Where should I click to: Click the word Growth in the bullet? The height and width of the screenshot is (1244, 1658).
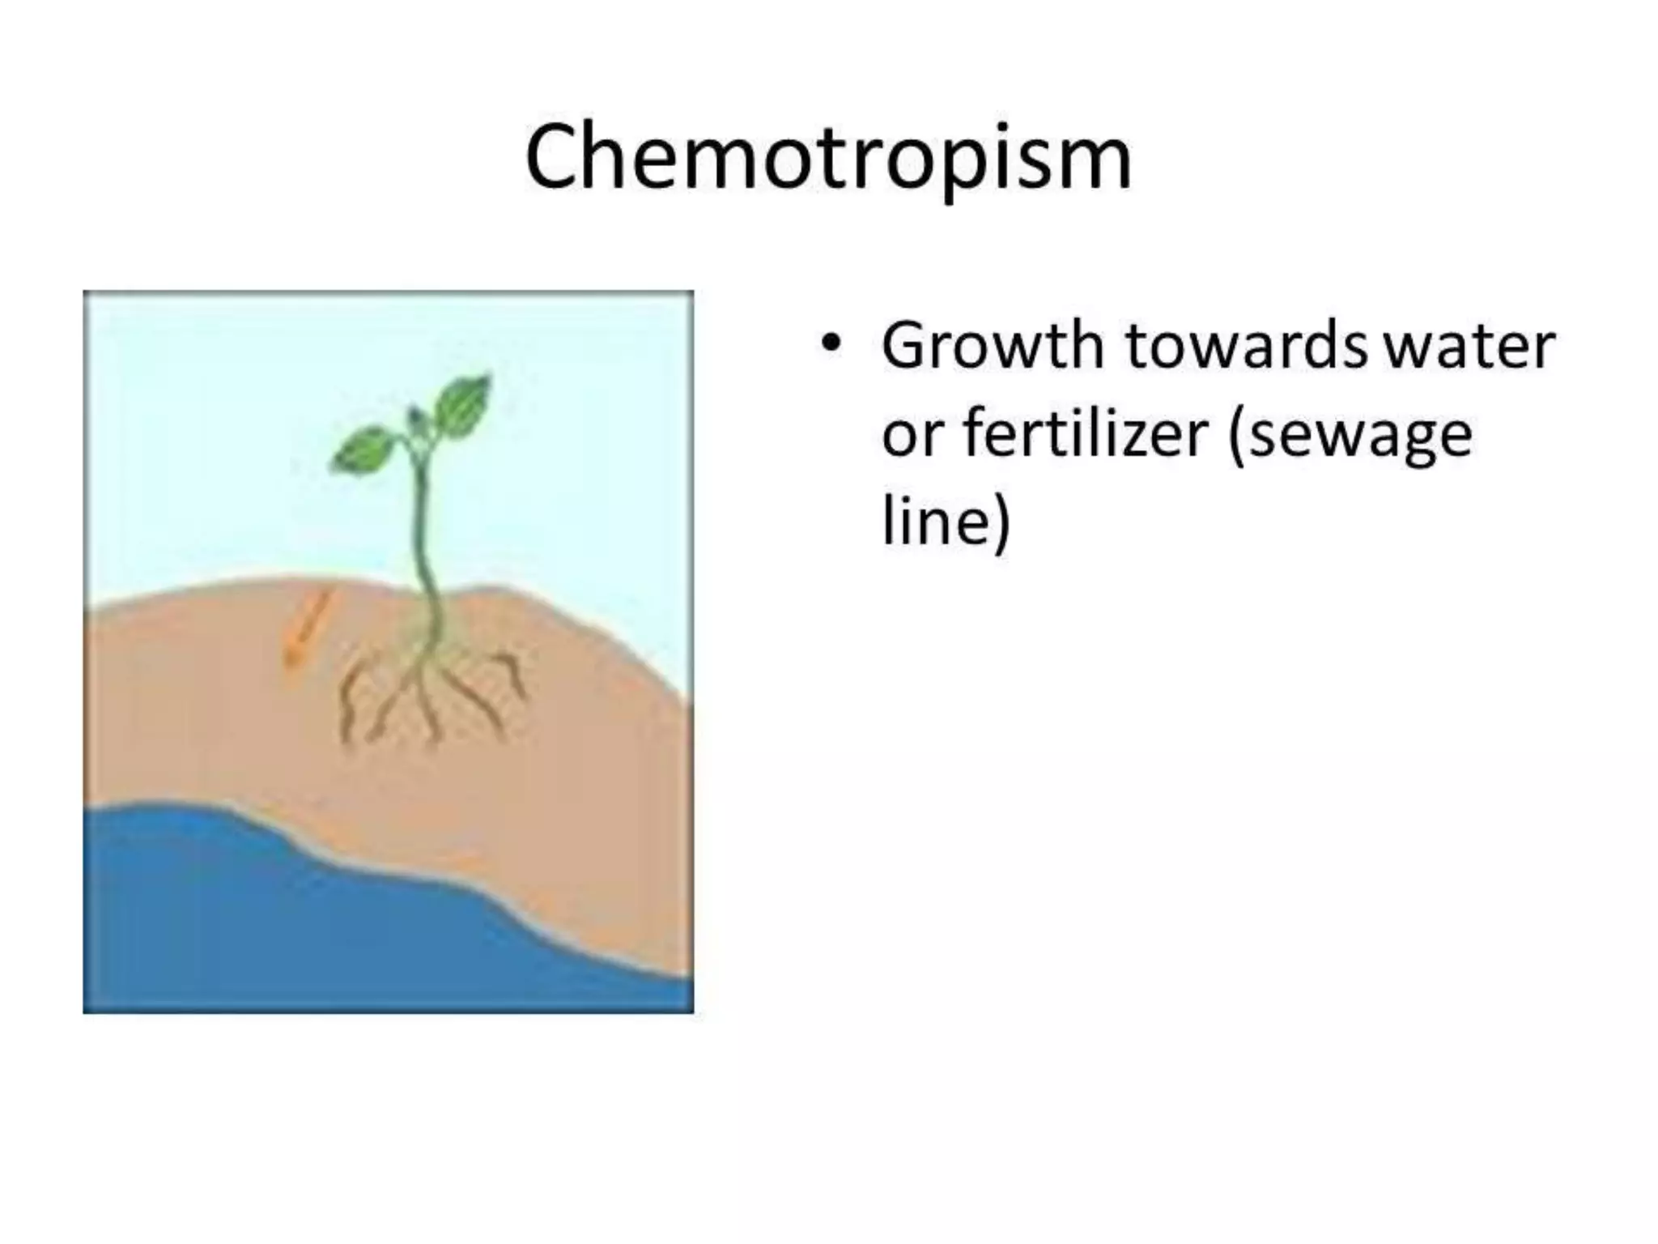(993, 347)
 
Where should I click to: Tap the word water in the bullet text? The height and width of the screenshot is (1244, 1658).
(1469, 347)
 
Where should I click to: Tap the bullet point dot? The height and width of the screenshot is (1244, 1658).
(828, 345)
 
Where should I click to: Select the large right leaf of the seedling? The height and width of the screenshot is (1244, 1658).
(464, 404)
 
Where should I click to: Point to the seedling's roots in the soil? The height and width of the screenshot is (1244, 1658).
(429, 688)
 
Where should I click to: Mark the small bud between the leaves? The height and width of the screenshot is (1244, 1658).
(416, 418)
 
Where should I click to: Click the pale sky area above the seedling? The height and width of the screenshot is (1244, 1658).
(243, 405)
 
